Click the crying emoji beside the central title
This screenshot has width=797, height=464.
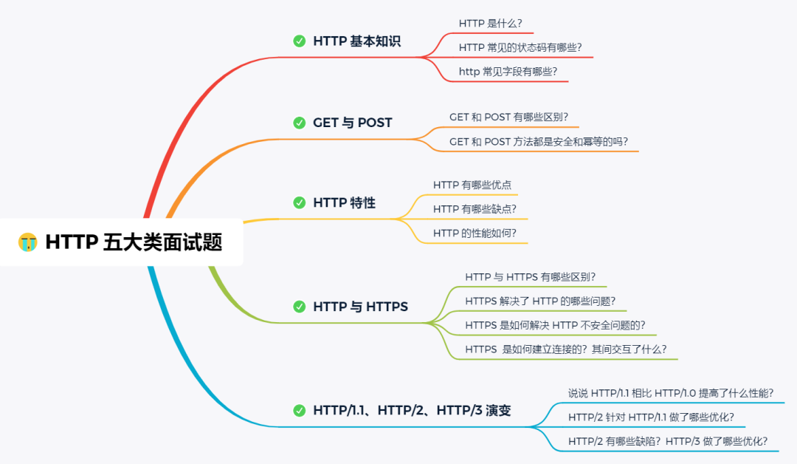tap(28, 242)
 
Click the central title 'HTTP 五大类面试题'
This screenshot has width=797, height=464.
tap(134, 242)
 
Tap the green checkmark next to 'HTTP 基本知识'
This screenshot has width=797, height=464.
tap(299, 41)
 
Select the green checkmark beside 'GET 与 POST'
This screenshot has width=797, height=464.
tap(299, 123)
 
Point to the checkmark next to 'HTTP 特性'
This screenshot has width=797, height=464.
tap(299, 202)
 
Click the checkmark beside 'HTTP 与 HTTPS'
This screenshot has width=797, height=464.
tap(299, 306)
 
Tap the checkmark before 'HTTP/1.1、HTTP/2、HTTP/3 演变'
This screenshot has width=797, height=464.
tap(299, 410)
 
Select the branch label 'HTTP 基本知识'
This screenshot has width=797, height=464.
tap(356, 41)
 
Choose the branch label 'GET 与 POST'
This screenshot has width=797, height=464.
tap(352, 123)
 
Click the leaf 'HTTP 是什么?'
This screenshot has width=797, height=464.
tap(490, 24)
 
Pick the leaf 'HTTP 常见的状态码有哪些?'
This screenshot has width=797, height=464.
tap(525, 47)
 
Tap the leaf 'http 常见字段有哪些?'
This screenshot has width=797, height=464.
tap(508, 72)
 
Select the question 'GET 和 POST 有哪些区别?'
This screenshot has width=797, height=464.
tap(508, 117)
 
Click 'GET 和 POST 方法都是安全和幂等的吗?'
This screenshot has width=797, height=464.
tap(539, 141)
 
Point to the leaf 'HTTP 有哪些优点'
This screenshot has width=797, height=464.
tap(472, 185)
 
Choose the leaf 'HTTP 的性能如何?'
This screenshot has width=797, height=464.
tap(475, 233)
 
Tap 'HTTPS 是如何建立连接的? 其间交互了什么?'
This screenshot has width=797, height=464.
tap(566, 349)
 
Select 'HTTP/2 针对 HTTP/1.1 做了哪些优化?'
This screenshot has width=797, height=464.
tap(651, 417)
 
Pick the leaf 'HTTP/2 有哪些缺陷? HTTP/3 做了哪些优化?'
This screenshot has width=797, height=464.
tap(668, 441)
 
